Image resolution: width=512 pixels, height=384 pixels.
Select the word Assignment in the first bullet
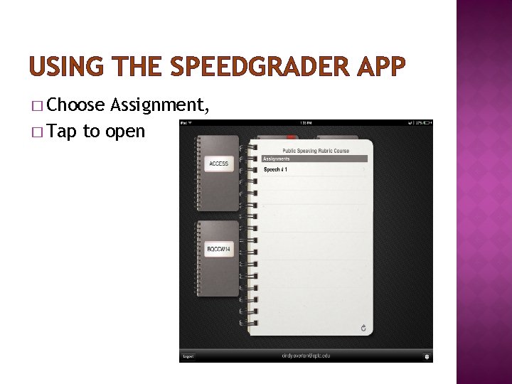pos(158,105)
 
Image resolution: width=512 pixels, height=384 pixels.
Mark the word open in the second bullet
pos(124,132)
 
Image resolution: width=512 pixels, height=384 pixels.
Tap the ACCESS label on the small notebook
pos(218,164)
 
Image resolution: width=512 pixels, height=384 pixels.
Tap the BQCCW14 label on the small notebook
pos(218,249)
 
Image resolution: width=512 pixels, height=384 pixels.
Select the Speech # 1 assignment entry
pos(275,170)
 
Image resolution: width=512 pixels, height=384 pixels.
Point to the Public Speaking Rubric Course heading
pos(316,151)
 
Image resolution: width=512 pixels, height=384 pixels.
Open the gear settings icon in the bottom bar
pos(427,356)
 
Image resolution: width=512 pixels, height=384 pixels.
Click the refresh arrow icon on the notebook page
pos(363,328)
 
